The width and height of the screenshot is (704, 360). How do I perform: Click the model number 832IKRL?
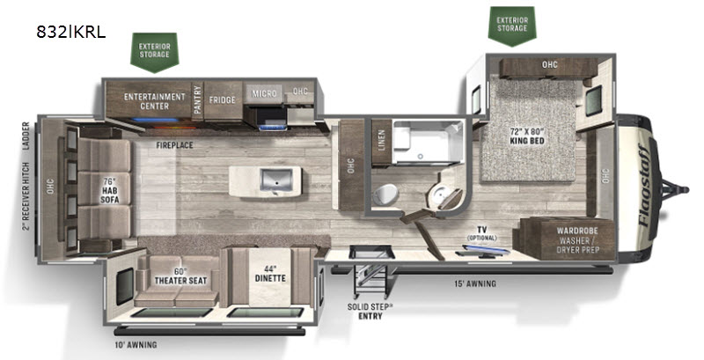[x=71, y=32]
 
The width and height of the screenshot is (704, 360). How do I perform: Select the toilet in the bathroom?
[x=385, y=195]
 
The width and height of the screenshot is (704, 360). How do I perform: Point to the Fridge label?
[x=223, y=99]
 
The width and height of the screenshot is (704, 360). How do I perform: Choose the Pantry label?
[x=197, y=99]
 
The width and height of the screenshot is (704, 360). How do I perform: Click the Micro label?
[x=264, y=93]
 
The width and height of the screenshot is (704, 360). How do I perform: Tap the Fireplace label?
[x=174, y=145]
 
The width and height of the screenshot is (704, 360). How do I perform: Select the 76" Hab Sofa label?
[x=109, y=190]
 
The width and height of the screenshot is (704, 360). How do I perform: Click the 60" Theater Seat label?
[x=180, y=276]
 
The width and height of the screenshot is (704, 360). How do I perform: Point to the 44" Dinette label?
[x=270, y=274]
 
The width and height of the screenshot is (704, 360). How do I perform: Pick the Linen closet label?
[x=382, y=140]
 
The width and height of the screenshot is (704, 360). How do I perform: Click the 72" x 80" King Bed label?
[x=527, y=136]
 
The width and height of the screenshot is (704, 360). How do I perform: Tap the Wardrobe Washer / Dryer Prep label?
[x=577, y=239]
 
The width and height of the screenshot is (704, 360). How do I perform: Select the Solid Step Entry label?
[x=370, y=312]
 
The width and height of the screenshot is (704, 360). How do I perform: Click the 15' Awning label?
[x=476, y=283]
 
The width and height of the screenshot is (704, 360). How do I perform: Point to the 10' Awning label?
[x=136, y=345]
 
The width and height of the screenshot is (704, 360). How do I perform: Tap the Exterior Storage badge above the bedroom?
[x=512, y=26]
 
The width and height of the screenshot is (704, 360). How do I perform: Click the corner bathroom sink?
[x=436, y=195]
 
